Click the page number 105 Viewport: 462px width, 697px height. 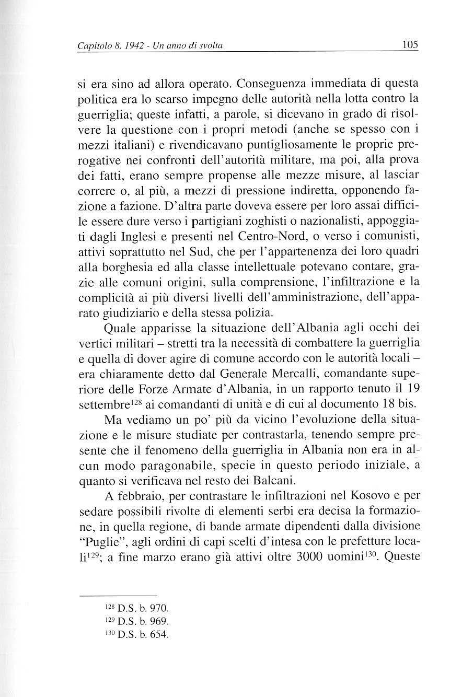[x=410, y=44]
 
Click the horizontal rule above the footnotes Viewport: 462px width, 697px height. [x=118, y=595]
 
